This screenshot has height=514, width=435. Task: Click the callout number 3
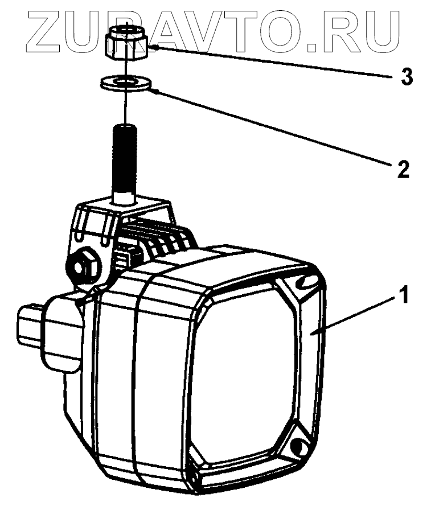[x=405, y=77]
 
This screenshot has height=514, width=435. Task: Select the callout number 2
[x=402, y=168]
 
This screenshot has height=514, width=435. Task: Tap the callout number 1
[x=404, y=297]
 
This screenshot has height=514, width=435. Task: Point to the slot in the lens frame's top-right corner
[x=307, y=280]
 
